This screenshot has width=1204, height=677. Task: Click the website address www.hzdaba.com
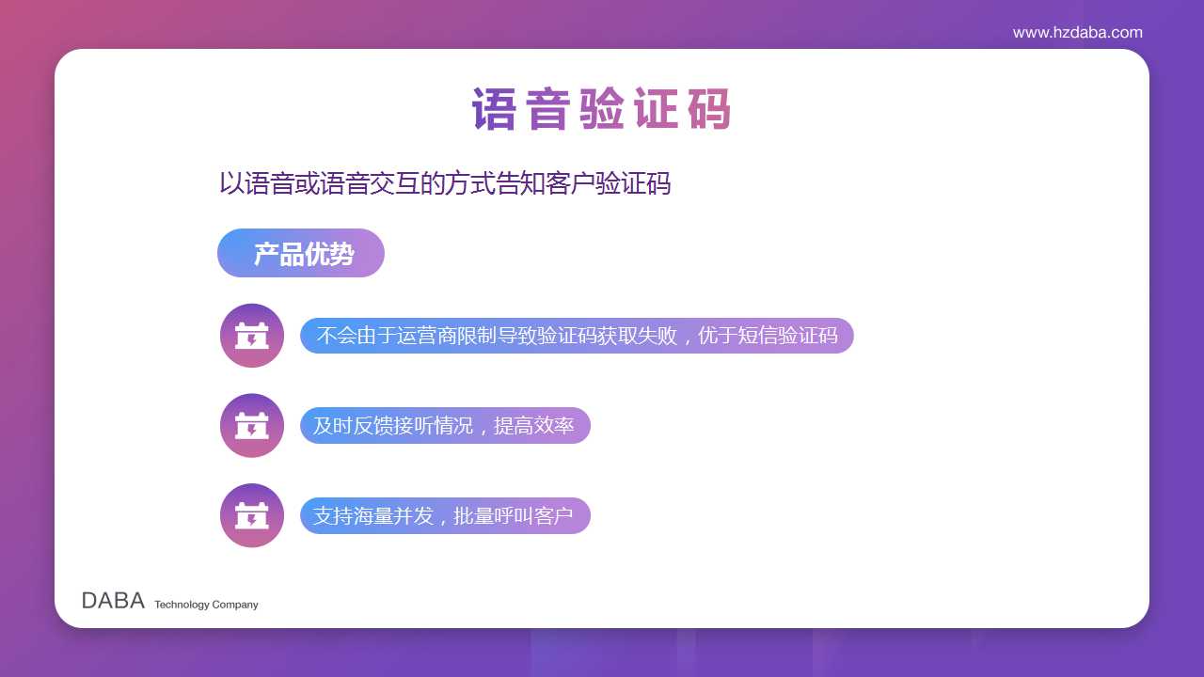(x=1077, y=33)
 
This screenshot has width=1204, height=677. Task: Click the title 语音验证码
(x=601, y=109)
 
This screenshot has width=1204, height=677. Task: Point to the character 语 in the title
(x=494, y=109)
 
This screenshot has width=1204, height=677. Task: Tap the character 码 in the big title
(x=709, y=109)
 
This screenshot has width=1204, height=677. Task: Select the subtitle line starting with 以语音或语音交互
(x=445, y=183)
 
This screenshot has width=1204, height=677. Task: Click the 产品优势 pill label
(x=301, y=253)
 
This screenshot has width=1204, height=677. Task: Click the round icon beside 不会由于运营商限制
(x=251, y=336)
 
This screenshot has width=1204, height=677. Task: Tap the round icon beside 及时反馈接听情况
(x=251, y=426)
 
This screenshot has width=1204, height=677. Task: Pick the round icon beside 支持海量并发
(x=251, y=515)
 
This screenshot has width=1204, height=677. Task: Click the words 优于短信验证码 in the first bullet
(x=768, y=336)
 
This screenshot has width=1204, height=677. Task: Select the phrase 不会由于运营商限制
(x=405, y=336)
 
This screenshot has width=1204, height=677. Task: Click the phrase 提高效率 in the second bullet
(x=533, y=426)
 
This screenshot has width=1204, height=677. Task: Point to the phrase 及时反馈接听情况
(x=393, y=426)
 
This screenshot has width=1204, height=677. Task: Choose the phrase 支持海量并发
(x=373, y=516)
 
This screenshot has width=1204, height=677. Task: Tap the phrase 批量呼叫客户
(x=514, y=516)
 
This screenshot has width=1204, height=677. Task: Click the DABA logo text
(x=113, y=601)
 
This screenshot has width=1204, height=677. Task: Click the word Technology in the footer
(x=182, y=605)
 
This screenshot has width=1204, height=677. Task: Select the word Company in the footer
(x=235, y=605)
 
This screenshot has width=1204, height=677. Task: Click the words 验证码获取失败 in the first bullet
(x=607, y=336)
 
